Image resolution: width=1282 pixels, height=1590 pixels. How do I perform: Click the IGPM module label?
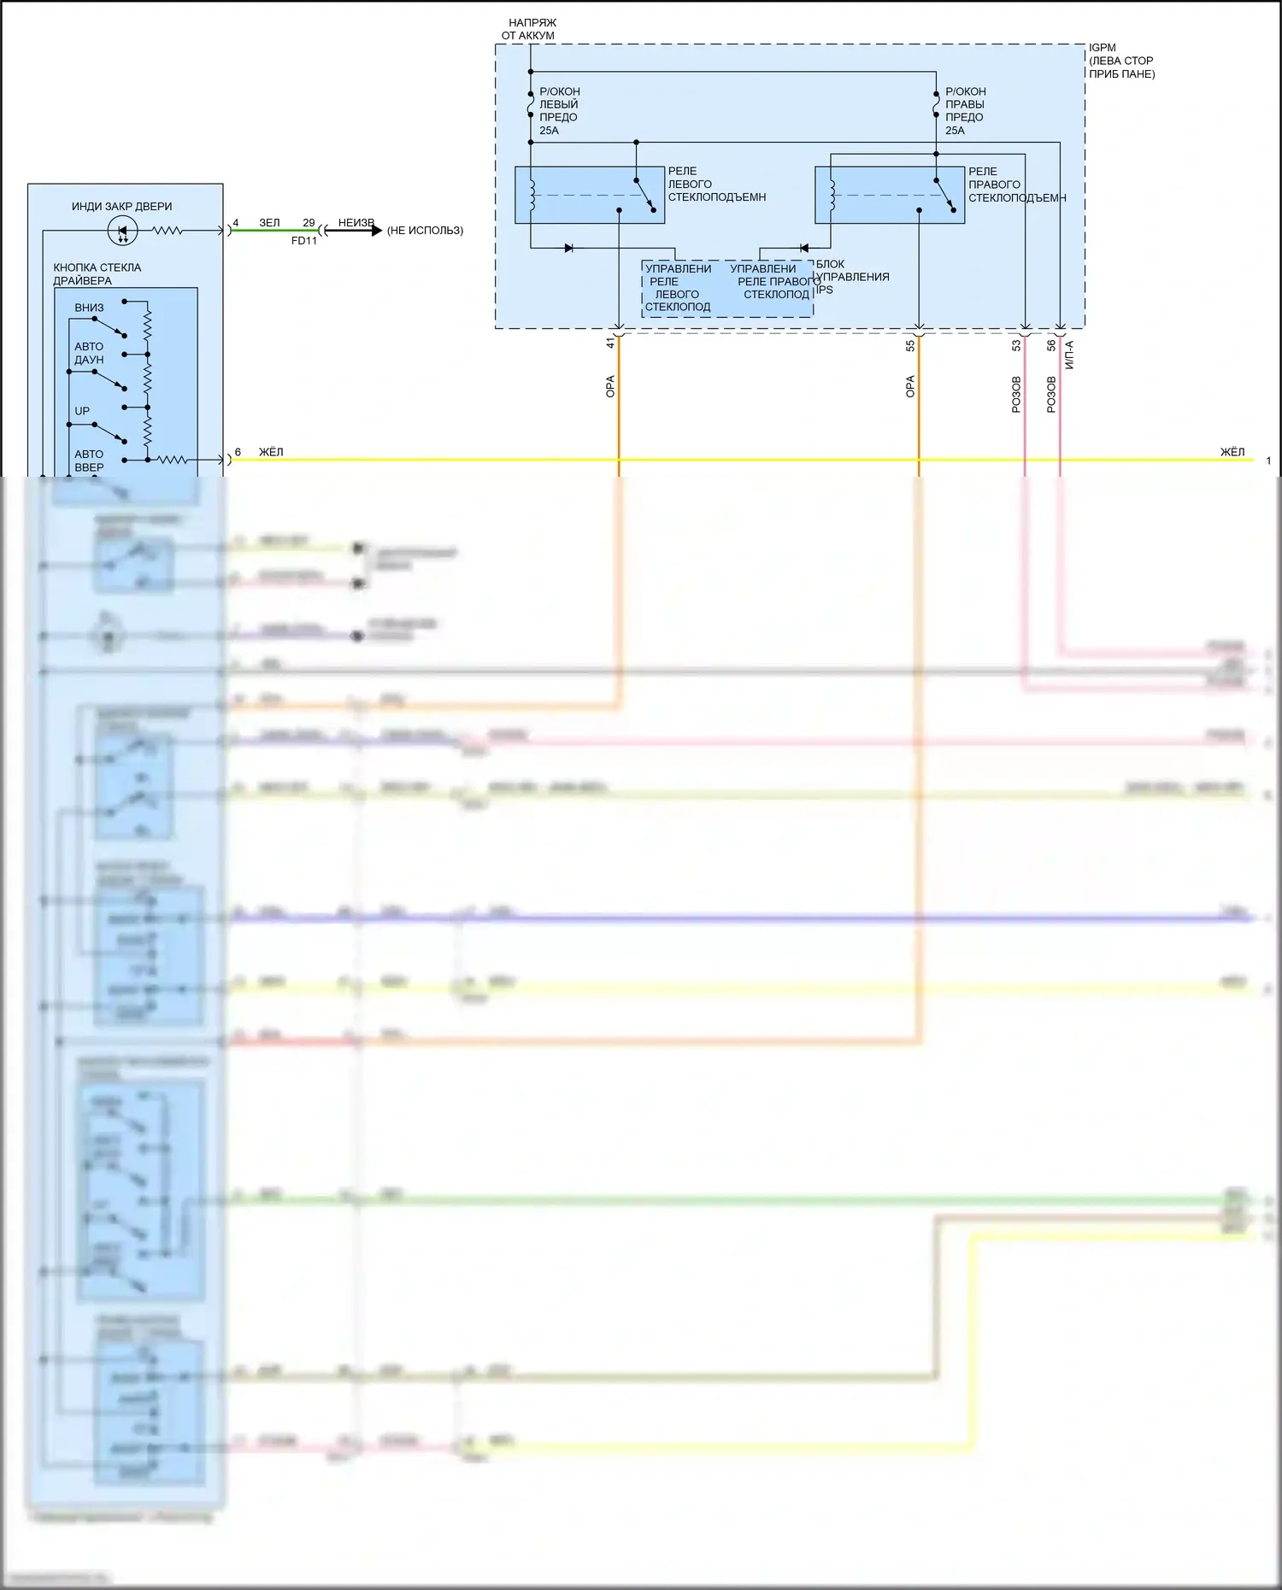coord(1103,48)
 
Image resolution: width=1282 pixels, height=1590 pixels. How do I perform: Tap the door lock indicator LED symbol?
coord(122,230)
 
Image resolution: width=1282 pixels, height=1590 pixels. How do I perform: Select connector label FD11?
coord(304,241)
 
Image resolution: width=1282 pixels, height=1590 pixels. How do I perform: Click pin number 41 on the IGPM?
coord(610,343)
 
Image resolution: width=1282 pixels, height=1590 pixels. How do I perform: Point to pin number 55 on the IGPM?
coord(910,345)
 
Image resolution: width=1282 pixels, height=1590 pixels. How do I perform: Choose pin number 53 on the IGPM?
coord(1016,345)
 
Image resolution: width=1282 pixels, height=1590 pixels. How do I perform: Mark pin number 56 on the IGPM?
coord(1051,345)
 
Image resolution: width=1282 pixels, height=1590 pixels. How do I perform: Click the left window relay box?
coord(589,195)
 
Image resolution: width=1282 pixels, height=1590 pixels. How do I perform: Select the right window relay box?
coord(889,195)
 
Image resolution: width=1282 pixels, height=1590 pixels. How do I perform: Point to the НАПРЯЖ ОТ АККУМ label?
coord(530,29)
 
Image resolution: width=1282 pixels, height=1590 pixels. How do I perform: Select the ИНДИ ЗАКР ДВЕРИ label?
coord(121,206)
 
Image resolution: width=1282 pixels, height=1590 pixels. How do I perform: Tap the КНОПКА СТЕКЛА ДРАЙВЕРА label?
coord(97,273)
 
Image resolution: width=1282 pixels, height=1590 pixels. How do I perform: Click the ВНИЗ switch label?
coord(89,308)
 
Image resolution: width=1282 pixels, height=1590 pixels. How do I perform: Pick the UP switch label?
coord(82,411)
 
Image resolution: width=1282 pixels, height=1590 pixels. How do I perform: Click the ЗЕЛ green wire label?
coord(269,223)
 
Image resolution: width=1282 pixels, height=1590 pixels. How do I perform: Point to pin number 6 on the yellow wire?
coord(238,452)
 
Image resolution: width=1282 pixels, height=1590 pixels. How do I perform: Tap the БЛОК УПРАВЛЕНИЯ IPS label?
coord(851,277)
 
